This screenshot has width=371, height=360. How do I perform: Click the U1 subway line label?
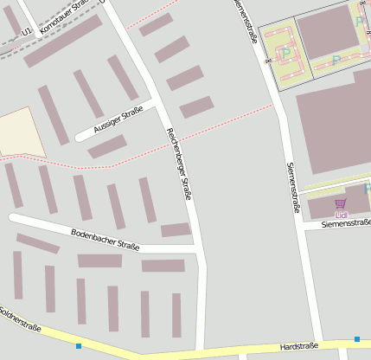click(x=28, y=30)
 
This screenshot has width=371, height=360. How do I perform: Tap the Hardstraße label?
click(x=299, y=346)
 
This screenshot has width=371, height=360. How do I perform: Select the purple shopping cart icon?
click(x=340, y=203)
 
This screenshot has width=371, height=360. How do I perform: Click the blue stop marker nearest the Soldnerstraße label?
click(x=78, y=346)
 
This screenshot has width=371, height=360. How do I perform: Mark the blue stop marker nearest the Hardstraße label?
click(x=356, y=338)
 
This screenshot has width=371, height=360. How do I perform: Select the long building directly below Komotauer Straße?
click(x=62, y=41)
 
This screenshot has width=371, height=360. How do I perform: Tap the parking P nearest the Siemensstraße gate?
click(x=286, y=54)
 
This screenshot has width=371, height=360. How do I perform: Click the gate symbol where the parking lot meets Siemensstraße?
click(x=268, y=61)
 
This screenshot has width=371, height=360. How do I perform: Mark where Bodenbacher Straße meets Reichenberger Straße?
click(x=200, y=251)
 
